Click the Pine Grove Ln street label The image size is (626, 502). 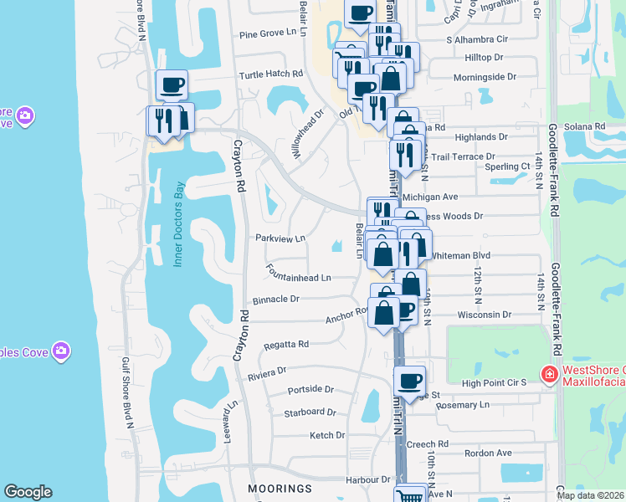pyautogui.click(x=268, y=33)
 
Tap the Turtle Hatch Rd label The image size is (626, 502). pyautogui.click(x=270, y=74)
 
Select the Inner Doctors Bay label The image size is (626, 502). pyautogui.click(x=177, y=224)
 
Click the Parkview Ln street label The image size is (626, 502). pyautogui.click(x=280, y=238)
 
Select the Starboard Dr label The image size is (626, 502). pyautogui.click(x=310, y=412)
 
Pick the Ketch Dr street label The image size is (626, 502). pyautogui.click(x=327, y=435)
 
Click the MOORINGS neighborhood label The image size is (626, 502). pyautogui.click(x=280, y=488)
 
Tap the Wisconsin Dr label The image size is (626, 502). pyautogui.click(x=484, y=315)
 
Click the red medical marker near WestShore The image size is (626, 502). pyautogui.click(x=549, y=372)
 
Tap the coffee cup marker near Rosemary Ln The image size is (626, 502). pyautogui.click(x=409, y=382)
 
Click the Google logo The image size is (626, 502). pyautogui.click(x=28, y=492)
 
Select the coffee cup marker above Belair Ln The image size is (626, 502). pyautogui.click(x=360, y=13)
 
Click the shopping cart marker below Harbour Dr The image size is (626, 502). pyautogui.click(x=409, y=495)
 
